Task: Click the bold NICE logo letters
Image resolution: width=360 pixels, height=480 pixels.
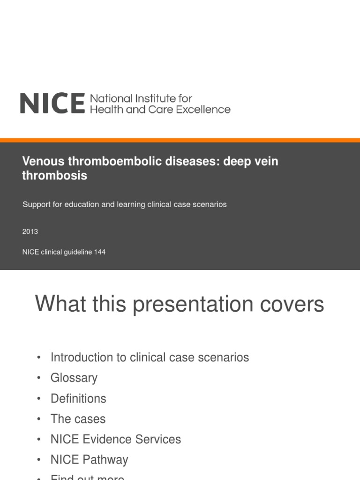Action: (52, 103)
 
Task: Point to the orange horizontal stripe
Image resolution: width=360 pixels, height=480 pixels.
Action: (180, 140)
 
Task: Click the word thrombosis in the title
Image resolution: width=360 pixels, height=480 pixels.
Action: (54, 176)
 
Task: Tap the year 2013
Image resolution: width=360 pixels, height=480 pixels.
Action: (30, 232)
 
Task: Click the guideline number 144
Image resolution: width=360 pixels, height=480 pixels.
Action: (99, 252)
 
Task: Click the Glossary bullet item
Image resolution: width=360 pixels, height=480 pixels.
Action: (74, 378)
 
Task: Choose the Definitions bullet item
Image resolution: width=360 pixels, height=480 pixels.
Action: (78, 398)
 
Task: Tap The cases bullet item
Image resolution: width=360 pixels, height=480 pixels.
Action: (78, 419)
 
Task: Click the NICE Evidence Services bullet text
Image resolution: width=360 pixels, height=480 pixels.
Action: (115, 439)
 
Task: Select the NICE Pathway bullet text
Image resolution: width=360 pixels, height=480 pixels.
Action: (89, 460)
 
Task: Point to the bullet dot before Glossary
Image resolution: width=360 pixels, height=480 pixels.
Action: (38, 378)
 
